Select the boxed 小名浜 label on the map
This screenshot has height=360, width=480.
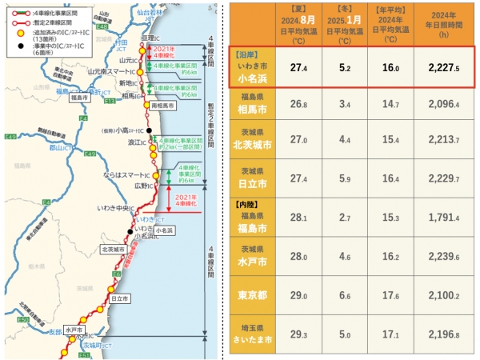(165, 230)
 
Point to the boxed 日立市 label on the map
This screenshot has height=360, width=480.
(120, 298)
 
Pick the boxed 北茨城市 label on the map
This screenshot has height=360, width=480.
(114, 249)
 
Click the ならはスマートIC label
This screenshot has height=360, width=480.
(126, 174)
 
